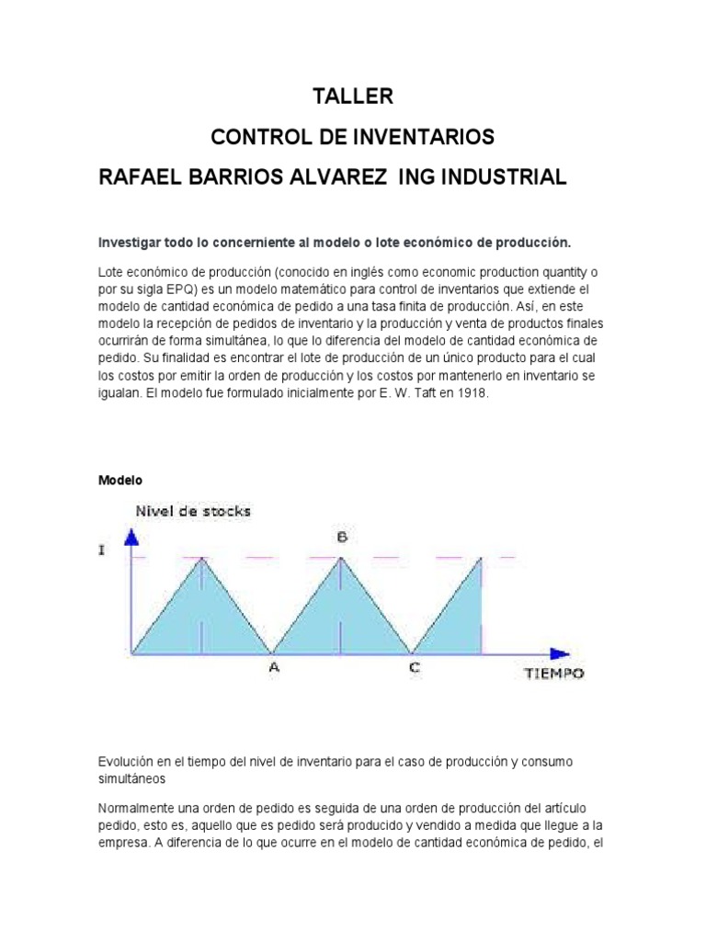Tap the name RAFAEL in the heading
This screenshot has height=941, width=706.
point(140,176)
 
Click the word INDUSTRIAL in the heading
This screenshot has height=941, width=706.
point(495,176)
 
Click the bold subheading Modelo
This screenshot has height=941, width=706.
point(120,480)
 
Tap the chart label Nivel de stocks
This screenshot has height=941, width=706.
point(193,510)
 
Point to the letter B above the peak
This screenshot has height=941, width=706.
point(341,538)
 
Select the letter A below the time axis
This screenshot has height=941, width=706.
point(273,669)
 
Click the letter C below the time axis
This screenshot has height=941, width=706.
point(414,669)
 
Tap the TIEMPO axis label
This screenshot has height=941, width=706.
point(553,674)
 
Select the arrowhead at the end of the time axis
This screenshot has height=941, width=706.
point(560,654)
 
